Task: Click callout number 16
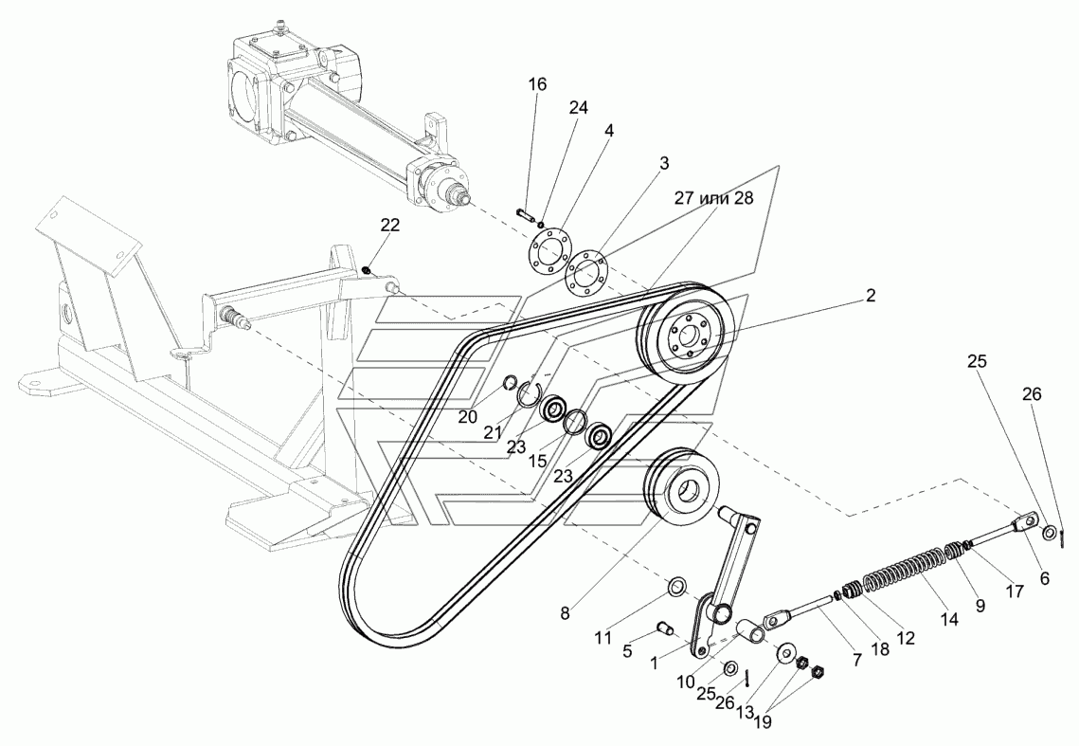(537, 84)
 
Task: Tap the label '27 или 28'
(713, 198)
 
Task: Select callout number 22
(390, 226)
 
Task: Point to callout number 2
(871, 296)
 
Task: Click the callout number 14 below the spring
(949, 620)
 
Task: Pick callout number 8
(565, 614)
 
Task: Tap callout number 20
(468, 417)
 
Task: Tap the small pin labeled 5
(665, 628)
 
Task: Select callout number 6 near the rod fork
(1044, 578)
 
